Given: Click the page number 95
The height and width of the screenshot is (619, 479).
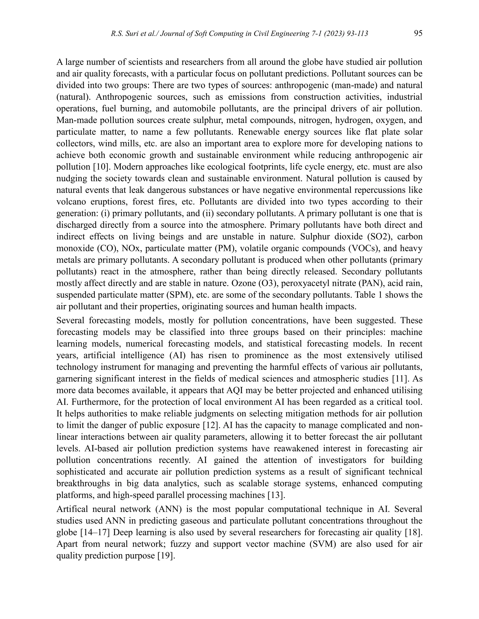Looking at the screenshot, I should pos(418,33).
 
